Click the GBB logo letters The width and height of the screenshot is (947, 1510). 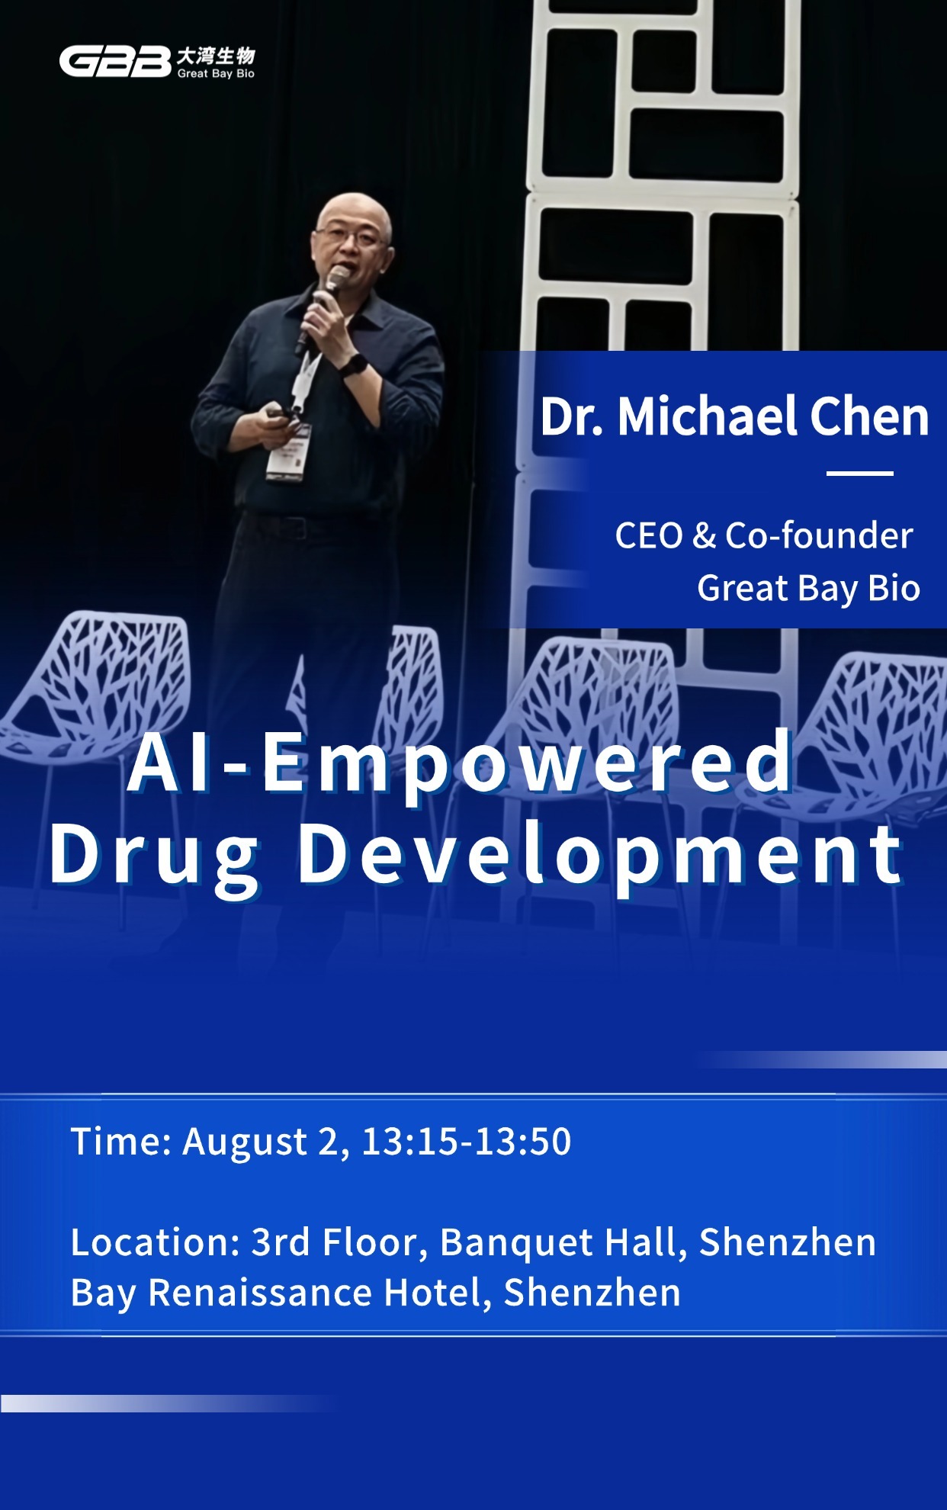[115, 62]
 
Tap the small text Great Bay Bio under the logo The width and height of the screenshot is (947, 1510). [216, 74]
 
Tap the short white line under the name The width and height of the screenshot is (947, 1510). [859, 474]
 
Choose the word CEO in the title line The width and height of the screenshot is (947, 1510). [649, 536]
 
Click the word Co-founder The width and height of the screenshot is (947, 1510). [819, 535]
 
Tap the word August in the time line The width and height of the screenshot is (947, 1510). [245, 1142]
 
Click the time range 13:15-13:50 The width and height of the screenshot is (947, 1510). [467, 1142]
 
